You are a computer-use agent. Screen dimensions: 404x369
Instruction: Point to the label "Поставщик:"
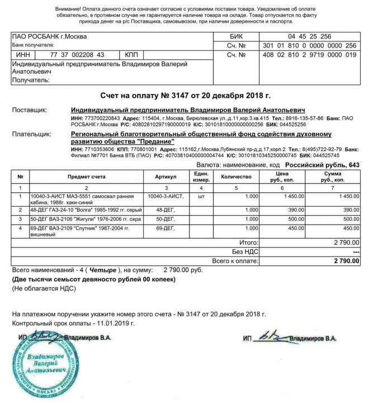(30, 110)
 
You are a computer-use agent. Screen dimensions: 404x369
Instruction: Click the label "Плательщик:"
(31, 135)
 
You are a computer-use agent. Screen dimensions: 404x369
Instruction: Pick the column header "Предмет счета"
(87, 177)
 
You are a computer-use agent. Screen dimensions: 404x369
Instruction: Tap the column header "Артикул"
(166, 177)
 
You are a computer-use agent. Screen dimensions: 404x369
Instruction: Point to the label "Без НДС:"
(245, 251)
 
